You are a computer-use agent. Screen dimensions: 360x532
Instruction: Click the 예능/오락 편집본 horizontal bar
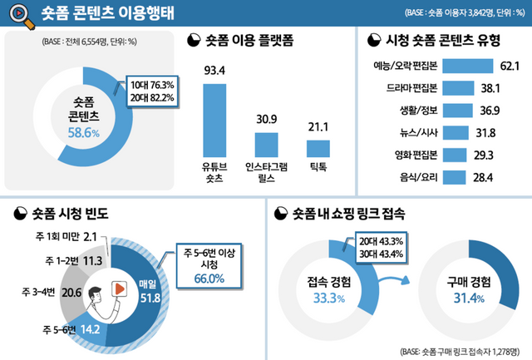tap(468, 65)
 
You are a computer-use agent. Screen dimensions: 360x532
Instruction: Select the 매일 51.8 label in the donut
tap(148, 290)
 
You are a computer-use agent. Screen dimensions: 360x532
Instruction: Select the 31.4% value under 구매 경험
tap(467, 298)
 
